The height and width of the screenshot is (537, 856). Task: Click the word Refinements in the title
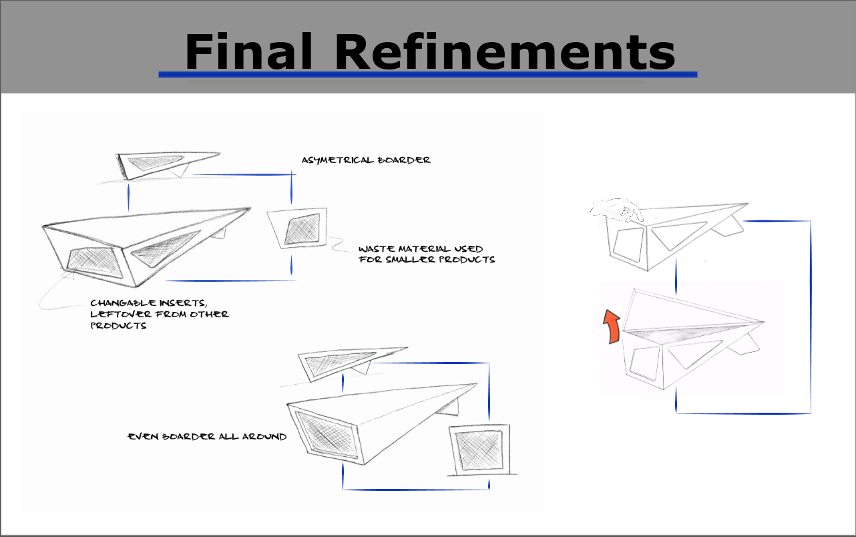tap(505, 51)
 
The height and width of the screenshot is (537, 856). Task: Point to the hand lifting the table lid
tap(618, 210)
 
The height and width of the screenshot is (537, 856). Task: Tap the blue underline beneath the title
tap(427, 75)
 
